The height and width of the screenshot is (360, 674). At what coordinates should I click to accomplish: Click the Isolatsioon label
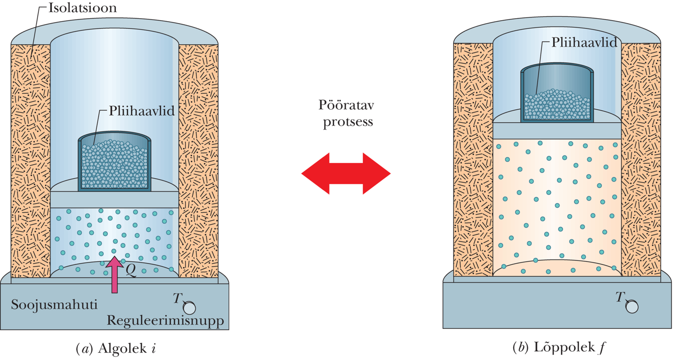(x=82, y=8)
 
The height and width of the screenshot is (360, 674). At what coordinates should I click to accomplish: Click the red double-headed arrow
(x=346, y=173)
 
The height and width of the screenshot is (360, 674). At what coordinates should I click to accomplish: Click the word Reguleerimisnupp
(x=165, y=321)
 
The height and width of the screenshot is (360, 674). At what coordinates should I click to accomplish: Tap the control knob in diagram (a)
(x=189, y=307)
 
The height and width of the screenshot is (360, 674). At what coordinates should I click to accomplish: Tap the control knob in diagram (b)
(x=632, y=306)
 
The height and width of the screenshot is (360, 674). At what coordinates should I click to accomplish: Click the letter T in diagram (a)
(x=177, y=299)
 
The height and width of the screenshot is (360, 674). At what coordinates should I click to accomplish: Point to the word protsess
(x=348, y=121)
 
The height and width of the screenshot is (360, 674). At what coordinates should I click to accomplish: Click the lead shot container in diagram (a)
(x=114, y=163)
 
